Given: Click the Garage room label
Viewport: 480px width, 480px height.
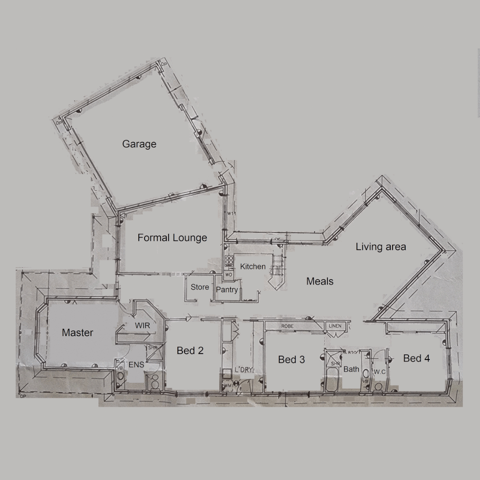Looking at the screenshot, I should coord(139,144).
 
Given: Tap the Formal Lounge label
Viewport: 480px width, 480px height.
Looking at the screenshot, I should coord(172,238).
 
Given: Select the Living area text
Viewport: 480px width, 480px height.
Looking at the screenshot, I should coord(380,247).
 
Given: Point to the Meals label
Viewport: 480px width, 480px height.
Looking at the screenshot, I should coord(320,281).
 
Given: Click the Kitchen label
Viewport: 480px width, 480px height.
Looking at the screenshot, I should coord(253,267).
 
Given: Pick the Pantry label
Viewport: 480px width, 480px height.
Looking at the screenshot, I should coord(227,290).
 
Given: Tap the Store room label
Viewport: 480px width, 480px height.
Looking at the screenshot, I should coord(200,287).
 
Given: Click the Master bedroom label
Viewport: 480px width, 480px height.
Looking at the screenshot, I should coord(77,332).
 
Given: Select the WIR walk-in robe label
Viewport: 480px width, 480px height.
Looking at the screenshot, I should coord(142,326).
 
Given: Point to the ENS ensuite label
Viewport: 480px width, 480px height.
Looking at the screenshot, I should coord(136,365).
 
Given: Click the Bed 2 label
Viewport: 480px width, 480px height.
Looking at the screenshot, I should coord(190,351).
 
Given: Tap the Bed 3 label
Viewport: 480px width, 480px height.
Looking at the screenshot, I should coord(291,360).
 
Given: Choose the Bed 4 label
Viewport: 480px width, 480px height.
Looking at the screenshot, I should coord(416,358).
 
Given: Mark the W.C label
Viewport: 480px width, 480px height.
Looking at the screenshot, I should coord(379,372).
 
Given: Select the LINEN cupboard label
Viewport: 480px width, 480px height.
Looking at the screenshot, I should coord(335,326).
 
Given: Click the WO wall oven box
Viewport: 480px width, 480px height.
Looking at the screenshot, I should coord(229,275).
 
